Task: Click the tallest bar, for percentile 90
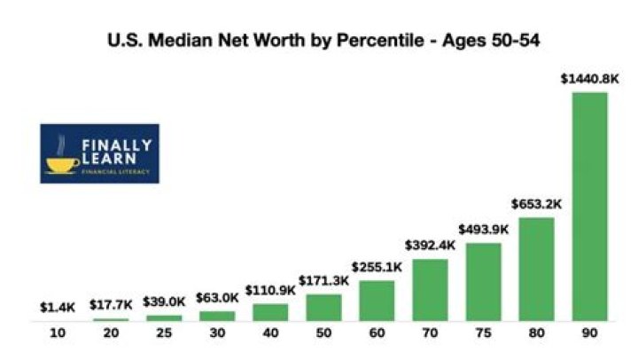(589, 206)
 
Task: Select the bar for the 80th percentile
(536, 269)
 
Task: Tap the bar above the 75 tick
(483, 281)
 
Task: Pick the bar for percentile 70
(430, 290)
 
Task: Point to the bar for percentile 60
(377, 301)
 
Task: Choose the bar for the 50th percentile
(323, 307)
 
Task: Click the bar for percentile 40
(270, 311)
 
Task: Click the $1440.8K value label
(589, 79)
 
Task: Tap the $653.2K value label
(536, 205)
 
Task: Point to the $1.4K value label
(57, 308)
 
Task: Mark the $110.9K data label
(270, 291)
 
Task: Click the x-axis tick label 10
(57, 334)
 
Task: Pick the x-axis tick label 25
(163, 334)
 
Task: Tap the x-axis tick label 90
(589, 334)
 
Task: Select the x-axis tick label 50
(323, 334)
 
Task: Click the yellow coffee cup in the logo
(62, 164)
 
